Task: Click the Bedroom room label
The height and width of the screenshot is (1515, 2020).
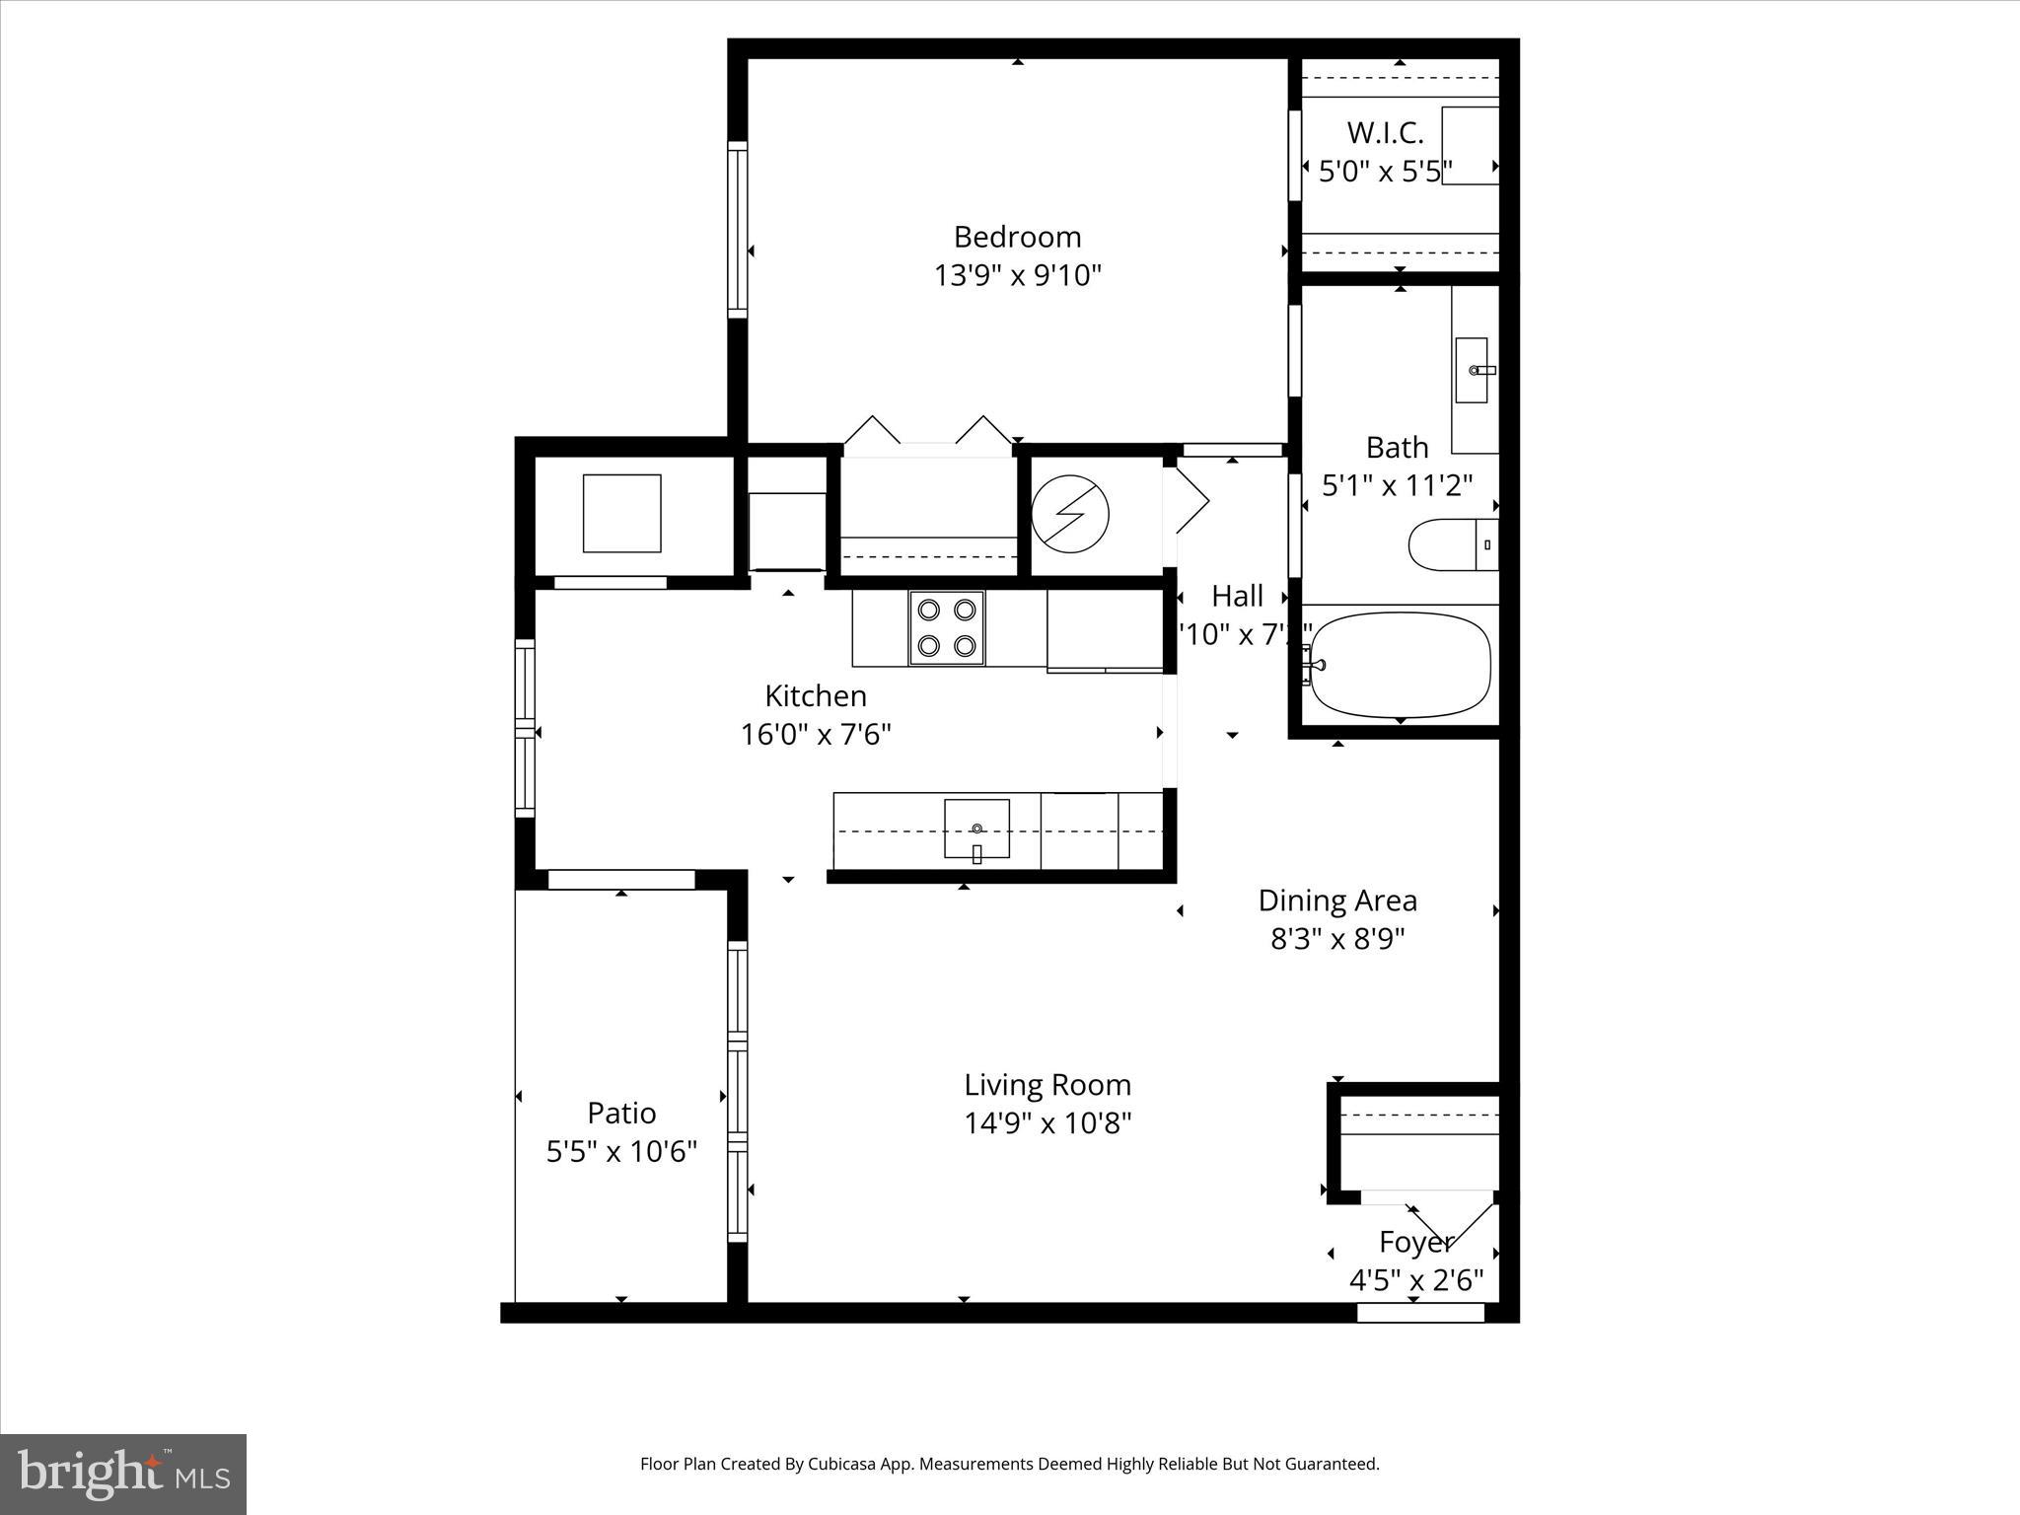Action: pyautogui.click(x=1017, y=237)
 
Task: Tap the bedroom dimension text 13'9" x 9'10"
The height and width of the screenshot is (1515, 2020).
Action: pyautogui.click(x=1017, y=275)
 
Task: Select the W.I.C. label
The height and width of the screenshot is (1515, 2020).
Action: pyautogui.click(x=1385, y=133)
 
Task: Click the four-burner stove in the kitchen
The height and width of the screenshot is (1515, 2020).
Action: pyautogui.click(x=946, y=628)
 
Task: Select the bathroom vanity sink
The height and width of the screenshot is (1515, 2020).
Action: pyautogui.click(x=1472, y=370)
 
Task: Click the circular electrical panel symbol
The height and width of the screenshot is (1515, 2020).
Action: pyautogui.click(x=1070, y=514)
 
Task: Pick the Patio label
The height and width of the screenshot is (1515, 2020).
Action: pyautogui.click(x=621, y=1113)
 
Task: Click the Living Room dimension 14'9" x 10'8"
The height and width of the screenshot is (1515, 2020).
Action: pyautogui.click(x=1047, y=1123)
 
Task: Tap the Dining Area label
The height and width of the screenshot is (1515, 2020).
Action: pyautogui.click(x=1337, y=901)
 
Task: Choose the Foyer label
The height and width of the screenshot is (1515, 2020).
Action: pyautogui.click(x=1415, y=1242)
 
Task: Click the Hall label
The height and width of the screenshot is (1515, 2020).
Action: pyautogui.click(x=1237, y=596)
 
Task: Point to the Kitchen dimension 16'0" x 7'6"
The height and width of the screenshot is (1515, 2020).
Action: pyautogui.click(x=816, y=735)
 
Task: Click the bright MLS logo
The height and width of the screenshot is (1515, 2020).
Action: pyautogui.click(x=123, y=1474)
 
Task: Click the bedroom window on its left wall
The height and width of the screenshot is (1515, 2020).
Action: pyautogui.click(x=737, y=229)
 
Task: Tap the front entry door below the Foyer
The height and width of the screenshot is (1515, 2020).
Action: pyautogui.click(x=1420, y=1312)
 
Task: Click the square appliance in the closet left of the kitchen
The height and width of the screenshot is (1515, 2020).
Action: pyautogui.click(x=621, y=513)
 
